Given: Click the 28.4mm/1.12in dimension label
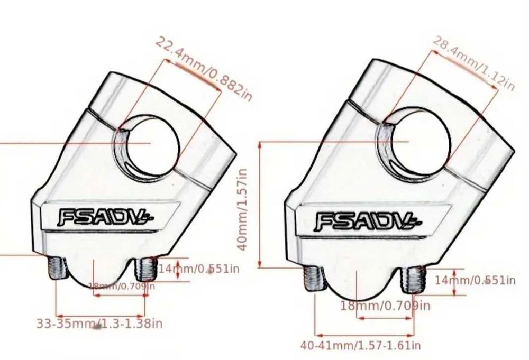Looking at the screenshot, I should tap(473, 64).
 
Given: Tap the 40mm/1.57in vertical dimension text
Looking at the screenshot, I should tap(243, 209).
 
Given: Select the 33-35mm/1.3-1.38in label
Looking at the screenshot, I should tap(99, 323).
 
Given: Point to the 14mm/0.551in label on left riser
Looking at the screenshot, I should tap(198, 269).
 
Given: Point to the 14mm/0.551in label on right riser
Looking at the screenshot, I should tap(475, 280).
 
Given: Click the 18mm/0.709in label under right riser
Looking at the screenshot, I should tap(385, 306).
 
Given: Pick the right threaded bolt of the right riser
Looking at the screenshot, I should tap(415, 280).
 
